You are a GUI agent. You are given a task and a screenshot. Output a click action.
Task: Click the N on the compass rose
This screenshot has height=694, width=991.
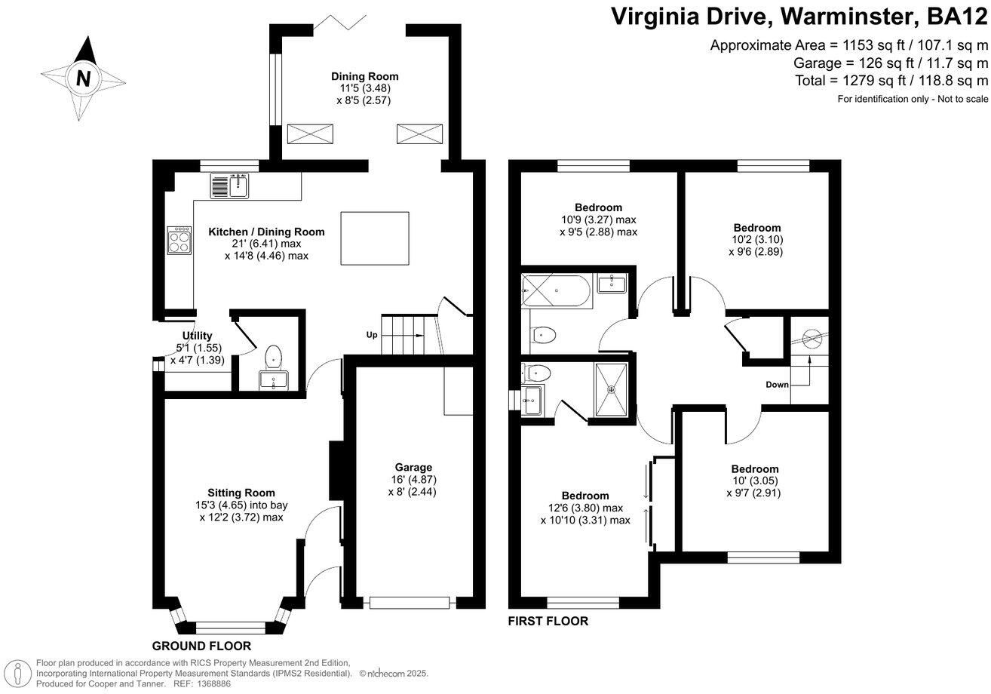tap(83, 78)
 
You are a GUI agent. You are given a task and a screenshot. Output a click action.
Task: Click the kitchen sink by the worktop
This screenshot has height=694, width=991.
tap(229, 185)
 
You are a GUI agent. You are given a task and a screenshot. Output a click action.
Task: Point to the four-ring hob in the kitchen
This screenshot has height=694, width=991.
tap(179, 240)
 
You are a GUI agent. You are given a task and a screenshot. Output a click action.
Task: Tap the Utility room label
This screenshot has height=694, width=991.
tap(197, 336)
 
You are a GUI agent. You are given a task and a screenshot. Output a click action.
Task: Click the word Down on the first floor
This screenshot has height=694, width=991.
tap(777, 385)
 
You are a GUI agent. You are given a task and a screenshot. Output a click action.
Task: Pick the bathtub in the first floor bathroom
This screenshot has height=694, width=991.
tap(558, 291)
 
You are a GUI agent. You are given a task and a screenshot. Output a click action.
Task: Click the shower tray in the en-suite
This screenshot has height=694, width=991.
tap(615, 389)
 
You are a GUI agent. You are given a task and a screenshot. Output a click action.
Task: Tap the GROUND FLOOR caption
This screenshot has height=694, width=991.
tap(201, 646)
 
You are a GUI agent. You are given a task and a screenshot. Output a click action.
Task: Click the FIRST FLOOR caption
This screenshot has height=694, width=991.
tap(548, 622)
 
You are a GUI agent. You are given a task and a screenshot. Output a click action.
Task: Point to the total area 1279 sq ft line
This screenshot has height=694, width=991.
tap(891, 80)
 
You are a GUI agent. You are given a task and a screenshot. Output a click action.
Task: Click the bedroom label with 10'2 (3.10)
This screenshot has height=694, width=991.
tap(757, 227)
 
